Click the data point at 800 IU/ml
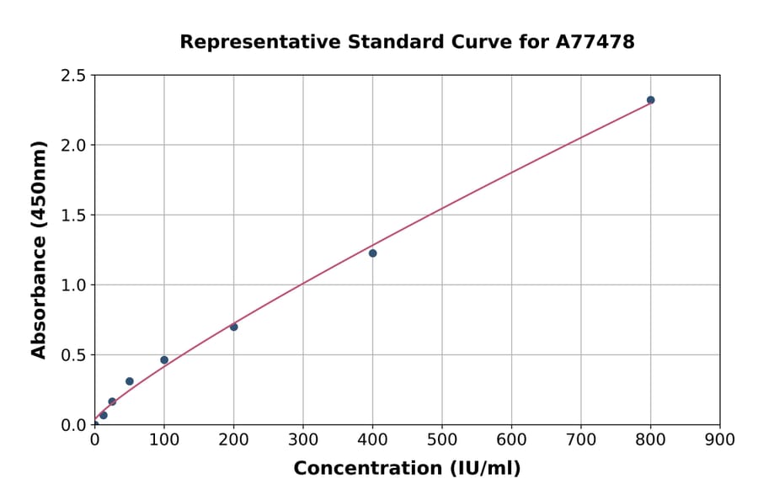pyautogui.click(x=650, y=100)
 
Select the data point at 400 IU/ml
pyautogui.click(x=372, y=253)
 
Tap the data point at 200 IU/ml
pyautogui.click(x=233, y=327)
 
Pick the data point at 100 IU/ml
pyautogui.click(x=164, y=360)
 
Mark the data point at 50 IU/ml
pyautogui.click(x=130, y=381)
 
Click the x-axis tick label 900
pyautogui.click(x=720, y=439)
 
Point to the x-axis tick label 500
pyautogui.click(x=442, y=439)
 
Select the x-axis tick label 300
pyautogui.click(x=303, y=439)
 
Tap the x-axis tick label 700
pyautogui.click(x=581, y=439)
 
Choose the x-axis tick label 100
pyautogui.click(x=164, y=439)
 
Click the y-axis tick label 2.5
pyautogui.click(x=73, y=76)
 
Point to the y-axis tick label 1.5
pyautogui.click(x=73, y=215)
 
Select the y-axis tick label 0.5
pyautogui.click(x=73, y=355)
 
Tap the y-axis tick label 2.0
pyautogui.click(x=73, y=146)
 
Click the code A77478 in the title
pyautogui.click(x=596, y=42)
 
